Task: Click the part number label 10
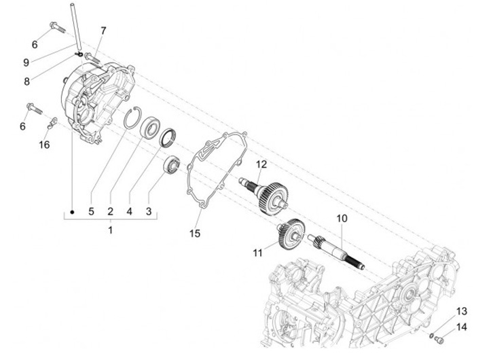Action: coord(342,219)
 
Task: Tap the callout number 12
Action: coord(261,164)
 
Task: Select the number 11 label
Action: coord(257,253)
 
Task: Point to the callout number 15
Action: coord(195,234)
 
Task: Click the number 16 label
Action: coord(44,144)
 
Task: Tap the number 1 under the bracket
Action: coord(110,231)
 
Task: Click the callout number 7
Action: coord(104,31)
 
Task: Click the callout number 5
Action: coord(91,211)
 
